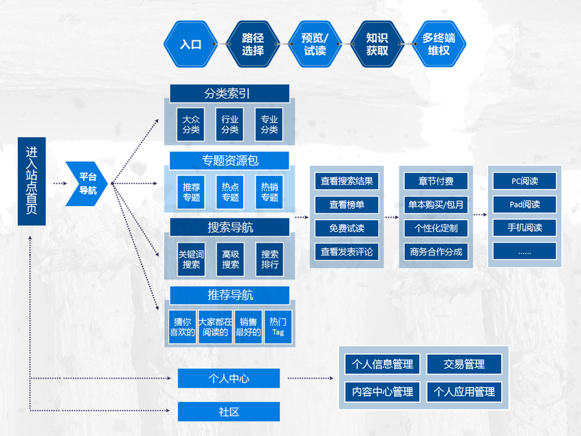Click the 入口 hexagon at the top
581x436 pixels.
click(190, 44)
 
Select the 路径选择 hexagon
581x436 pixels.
click(253, 44)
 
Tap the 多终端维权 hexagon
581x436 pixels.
click(438, 44)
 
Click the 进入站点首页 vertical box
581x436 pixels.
click(32, 181)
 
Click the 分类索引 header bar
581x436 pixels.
click(230, 94)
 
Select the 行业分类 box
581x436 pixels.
click(230, 124)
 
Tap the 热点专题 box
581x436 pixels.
click(230, 192)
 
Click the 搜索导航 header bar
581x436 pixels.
click(230, 228)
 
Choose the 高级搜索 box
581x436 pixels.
click(230, 259)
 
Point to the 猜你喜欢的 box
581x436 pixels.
click(182, 327)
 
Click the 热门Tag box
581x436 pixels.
click(278, 327)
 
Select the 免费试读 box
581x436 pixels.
click(346, 228)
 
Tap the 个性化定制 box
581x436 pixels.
click(436, 228)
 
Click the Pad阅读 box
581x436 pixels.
click(525, 205)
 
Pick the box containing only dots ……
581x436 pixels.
click(525, 251)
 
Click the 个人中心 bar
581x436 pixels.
click(229, 378)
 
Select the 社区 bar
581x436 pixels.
click(229, 412)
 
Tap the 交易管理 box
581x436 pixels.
click(464, 364)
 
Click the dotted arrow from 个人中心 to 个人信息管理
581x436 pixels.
click(309, 378)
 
